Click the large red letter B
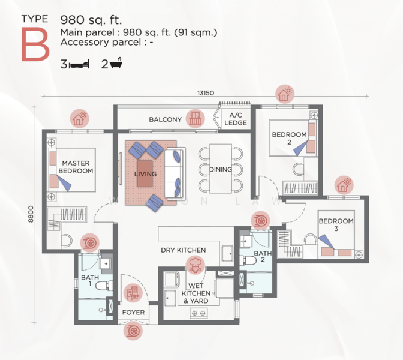tap(35, 44)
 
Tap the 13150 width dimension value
tap(206, 93)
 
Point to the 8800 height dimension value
tap(31, 214)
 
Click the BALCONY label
tap(166, 119)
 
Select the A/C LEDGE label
tap(236, 119)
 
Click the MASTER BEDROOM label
tap(76, 167)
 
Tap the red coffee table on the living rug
tap(145, 174)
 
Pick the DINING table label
tap(221, 169)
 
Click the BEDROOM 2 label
tap(290, 138)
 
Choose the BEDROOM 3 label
tap(336, 225)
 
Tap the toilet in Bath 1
tap(104, 286)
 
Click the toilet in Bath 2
tap(248, 260)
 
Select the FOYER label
tap(133, 312)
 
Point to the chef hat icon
tap(196, 265)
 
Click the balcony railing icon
tap(196, 119)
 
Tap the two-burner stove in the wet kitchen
tap(199, 313)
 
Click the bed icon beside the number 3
tap(79, 64)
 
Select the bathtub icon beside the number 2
tap(116, 63)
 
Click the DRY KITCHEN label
tap(184, 250)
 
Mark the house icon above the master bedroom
tap(80, 119)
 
